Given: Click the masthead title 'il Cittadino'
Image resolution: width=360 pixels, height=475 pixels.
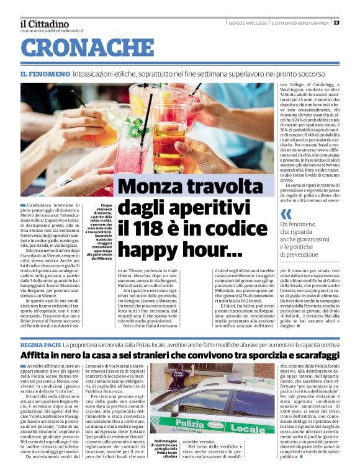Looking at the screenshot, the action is pyautogui.click(x=44, y=24).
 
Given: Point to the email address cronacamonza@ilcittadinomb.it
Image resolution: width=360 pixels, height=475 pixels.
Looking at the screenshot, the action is pyautogui.click(x=51, y=30).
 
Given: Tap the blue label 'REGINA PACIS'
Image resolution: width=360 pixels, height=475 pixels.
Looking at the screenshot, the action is pyautogui.click(x=40, y=343).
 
